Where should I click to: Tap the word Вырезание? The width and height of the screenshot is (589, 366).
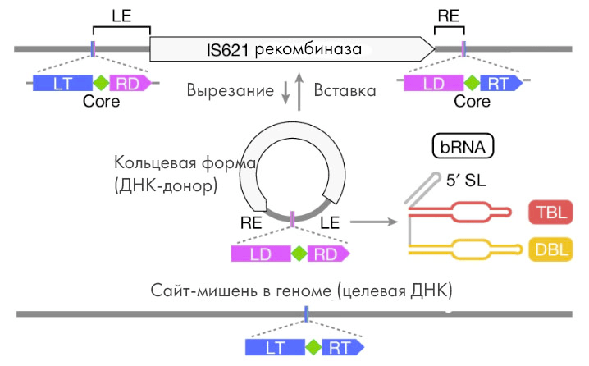click(x=231, y=90)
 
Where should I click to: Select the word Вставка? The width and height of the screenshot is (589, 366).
click(x=345, y=90)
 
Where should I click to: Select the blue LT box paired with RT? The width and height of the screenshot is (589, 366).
click(x=275, y=347)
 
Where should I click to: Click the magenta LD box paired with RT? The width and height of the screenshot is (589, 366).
click(x=431, y=82)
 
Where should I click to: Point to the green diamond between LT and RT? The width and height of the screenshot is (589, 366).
click(x=312, y=347)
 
